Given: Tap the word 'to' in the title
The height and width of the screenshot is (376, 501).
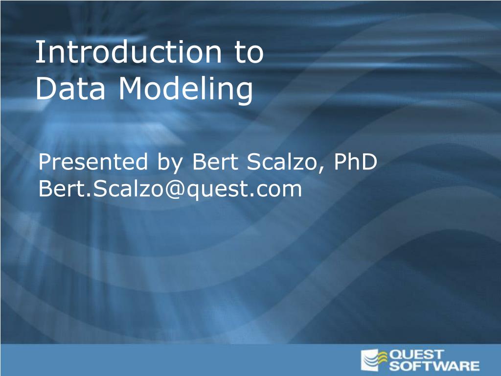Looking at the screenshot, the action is [249, 52].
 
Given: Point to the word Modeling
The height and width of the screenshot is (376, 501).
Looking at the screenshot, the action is [186, 90].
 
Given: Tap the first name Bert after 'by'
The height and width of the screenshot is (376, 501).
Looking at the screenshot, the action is [215, 162].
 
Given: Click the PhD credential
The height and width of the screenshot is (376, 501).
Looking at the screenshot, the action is [355, 162].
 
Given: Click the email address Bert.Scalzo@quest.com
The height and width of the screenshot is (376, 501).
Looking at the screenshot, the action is [170, 189].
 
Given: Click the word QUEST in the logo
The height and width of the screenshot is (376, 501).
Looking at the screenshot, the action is [416, 354].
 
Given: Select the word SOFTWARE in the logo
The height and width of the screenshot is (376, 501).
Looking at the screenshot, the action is [434, 365].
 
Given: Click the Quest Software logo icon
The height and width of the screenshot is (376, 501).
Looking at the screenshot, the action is [374, 360].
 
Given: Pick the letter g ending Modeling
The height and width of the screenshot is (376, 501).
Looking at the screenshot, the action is [245, 93].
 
